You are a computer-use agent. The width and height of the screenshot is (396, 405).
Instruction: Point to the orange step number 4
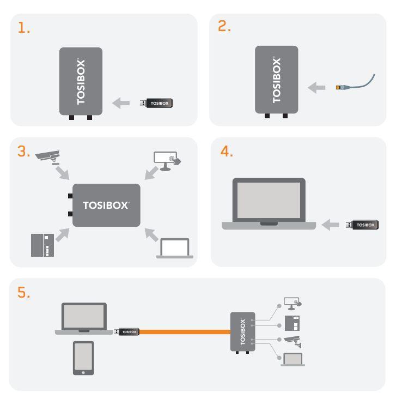(224, 152)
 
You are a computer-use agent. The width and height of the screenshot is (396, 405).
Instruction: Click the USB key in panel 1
(159, 102)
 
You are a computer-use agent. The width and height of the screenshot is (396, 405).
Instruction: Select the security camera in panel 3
(47, 157)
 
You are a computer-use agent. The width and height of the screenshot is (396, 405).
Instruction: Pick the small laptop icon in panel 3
(174, 247)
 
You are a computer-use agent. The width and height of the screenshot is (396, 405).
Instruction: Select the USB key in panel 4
(362, 224)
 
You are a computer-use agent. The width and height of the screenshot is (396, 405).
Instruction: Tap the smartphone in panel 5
(83, 358)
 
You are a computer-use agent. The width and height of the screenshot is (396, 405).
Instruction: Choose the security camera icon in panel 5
(293, 341)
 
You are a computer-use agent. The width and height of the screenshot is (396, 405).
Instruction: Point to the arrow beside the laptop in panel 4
(331, 224)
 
